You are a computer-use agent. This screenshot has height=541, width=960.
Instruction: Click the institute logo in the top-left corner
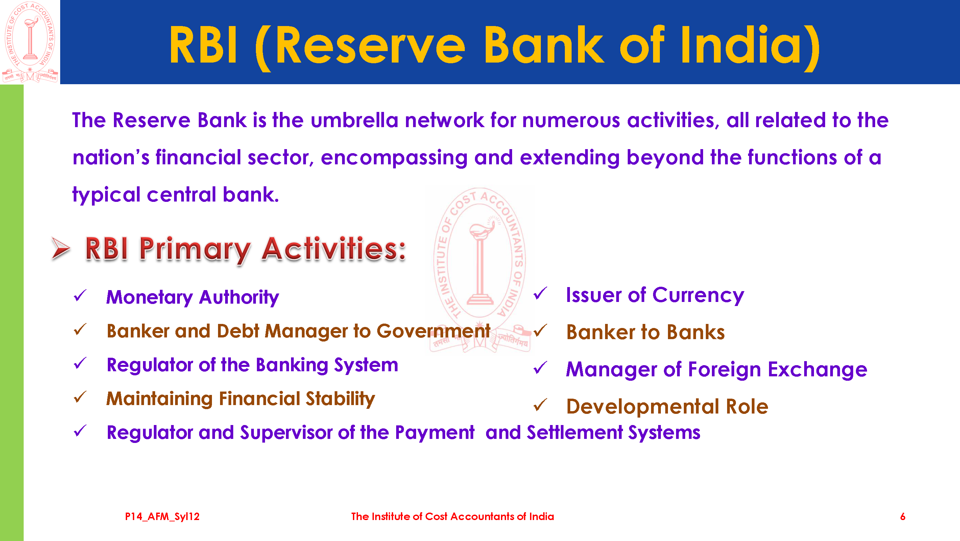30,42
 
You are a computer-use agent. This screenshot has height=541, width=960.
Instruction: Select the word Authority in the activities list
239,298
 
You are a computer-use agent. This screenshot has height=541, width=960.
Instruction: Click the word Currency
698,296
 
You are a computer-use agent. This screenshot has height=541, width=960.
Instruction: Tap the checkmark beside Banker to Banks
541,330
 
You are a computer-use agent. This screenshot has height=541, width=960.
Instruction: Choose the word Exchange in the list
818,370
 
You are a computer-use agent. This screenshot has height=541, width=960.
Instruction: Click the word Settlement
575,432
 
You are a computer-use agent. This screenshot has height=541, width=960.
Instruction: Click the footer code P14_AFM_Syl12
162,517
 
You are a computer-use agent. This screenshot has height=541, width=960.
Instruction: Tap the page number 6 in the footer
903,517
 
